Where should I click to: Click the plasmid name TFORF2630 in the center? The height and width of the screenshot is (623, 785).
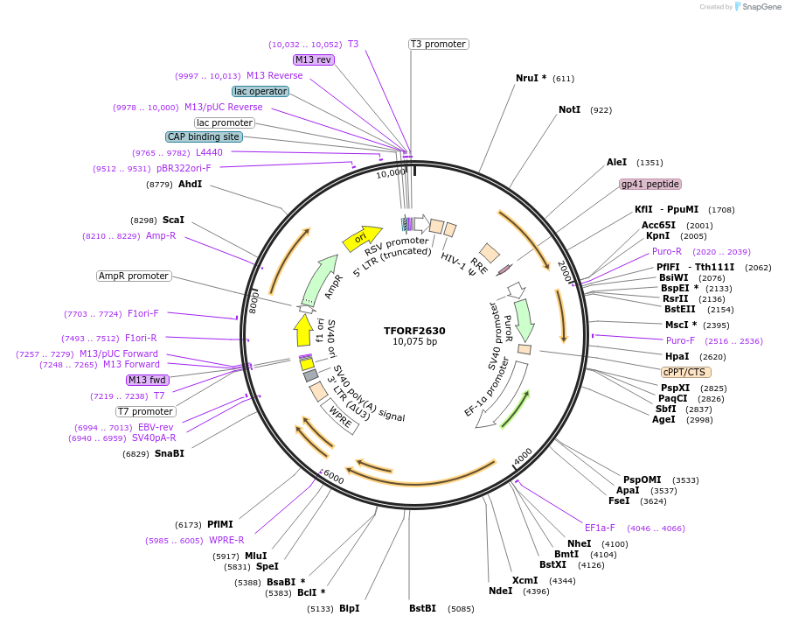(414, 331)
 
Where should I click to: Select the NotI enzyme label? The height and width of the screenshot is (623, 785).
(569, 110)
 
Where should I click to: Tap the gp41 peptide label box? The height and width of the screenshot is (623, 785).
(650, 184)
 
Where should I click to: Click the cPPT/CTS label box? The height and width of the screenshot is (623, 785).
(686, 372)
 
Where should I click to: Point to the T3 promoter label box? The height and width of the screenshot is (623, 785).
(438, 44)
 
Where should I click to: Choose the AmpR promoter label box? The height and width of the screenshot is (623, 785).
(134, 276)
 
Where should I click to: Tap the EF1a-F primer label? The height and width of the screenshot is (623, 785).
(600, 528)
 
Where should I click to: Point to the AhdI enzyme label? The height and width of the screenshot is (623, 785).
(190, 185)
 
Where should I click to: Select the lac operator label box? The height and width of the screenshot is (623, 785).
(260, 91)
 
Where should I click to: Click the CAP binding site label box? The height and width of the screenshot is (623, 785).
(204, 136)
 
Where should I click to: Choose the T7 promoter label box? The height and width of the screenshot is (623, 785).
(146, 411)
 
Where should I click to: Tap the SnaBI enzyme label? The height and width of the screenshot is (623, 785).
(170, 453)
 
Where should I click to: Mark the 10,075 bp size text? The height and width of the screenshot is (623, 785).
(414, 342)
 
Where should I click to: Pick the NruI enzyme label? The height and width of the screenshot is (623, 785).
(531, 78)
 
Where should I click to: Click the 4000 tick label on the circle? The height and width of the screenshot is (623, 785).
(522, 456)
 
